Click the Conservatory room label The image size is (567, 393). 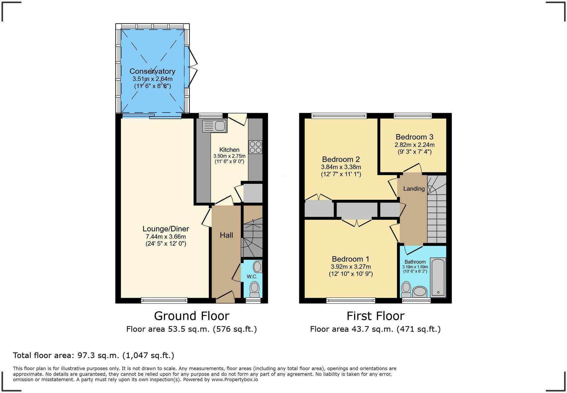pyautogui.click(x=152, y=71)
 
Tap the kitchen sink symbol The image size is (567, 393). pyautogui.click(x=215, y=126)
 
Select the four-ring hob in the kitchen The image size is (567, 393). pyautogui.click(x=255, y=147)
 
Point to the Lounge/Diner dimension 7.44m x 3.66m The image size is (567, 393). pyautogui.click(x=166, y=237)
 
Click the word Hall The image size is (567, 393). pyautogui.click(x=226, y=235)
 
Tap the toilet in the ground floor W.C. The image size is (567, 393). pyautogui.click(x=255, y=289)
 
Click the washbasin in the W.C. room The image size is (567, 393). pyautogui.click(x=257, y=267)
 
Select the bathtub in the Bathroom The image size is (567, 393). pyautogui.click(x=438, y=278)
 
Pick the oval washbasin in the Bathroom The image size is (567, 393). pyautogui.click(x=419, y=291)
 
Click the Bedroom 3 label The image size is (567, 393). pyautogui.click(x=414, y=137)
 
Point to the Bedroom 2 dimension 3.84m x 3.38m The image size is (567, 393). pyautogui.click(x=341, y=167)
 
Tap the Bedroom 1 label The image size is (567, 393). pyautogui.click(x=351, y=259)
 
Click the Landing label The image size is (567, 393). pyautogui.click(x=414, y=189)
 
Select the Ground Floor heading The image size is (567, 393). pyautogui.click(x=191, y=316)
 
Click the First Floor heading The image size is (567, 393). pyautogui.click(x=375, y=316)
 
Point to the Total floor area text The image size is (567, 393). pyautogui.click(x=94, y=356)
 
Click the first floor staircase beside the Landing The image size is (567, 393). pyautogui.click(x=437, y=209)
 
